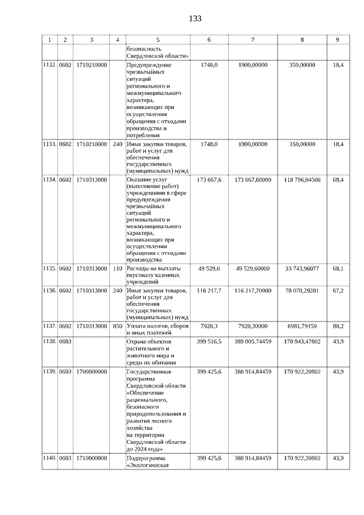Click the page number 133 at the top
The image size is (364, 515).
195,19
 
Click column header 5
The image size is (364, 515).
158,40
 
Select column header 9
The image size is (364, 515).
337,40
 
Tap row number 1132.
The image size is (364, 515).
49,65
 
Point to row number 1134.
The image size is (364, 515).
49,180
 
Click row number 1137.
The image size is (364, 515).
49,326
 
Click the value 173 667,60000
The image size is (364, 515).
253,180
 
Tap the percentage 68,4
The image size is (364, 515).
338,180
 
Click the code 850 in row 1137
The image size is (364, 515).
118,326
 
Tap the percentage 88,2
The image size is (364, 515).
338,326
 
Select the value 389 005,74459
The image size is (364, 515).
253,341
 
